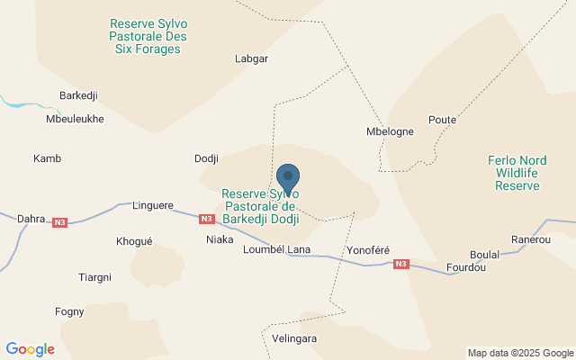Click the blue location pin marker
[288, 179]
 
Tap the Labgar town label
[251, 58]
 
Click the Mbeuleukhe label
[75, 119]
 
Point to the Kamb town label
[47, 159]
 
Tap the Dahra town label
[31, 218]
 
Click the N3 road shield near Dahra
[60, 222]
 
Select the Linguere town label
[152, 206]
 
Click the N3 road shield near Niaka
[207, 219]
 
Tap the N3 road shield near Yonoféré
[400, 264]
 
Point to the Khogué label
[135, 241]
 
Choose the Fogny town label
[69, 312]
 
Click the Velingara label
[294, 338]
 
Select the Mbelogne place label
[391, 131]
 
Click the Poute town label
[442, 120]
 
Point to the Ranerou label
[530, 240]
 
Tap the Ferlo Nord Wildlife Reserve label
[517, 173]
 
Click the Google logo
[30, 349]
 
